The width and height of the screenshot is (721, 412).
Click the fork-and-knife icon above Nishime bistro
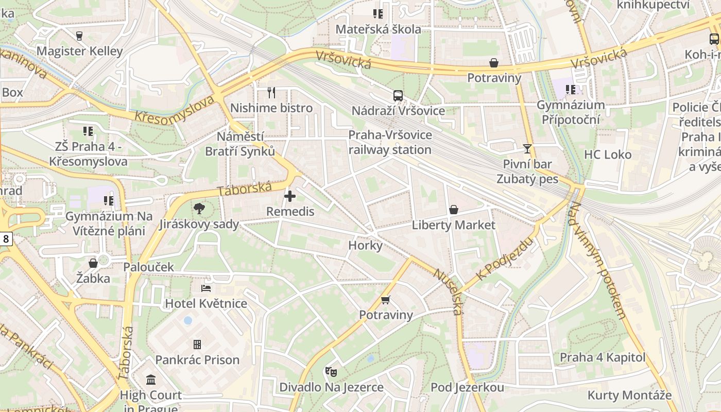[271, 93]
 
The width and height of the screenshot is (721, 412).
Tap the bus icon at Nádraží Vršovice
[398, 95]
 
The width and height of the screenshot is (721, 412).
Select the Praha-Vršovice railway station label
[390, 142]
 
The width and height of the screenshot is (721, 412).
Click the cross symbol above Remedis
[290, 196]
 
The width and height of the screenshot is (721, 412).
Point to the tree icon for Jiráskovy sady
[199, 209]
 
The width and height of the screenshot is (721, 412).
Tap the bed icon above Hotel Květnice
[206, 288]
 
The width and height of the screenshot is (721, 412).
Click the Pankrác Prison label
[197, 359]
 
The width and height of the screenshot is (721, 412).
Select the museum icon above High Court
[151, 380]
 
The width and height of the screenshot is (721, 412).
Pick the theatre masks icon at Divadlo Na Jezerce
[331, 371]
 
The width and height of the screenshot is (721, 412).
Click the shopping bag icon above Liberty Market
[454, 210]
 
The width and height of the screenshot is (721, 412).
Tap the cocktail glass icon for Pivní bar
[527, 149]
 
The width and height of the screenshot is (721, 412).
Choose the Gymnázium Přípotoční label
[571, 112]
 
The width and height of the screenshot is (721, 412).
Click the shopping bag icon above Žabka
[93, 263]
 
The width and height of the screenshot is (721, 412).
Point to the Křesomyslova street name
[174, 109]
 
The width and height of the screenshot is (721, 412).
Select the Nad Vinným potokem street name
[597, 260]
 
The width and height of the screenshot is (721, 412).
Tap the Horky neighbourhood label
[366, 245]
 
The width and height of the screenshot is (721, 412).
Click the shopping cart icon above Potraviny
[386, 300]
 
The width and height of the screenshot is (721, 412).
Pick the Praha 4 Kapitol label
[603, 357]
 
